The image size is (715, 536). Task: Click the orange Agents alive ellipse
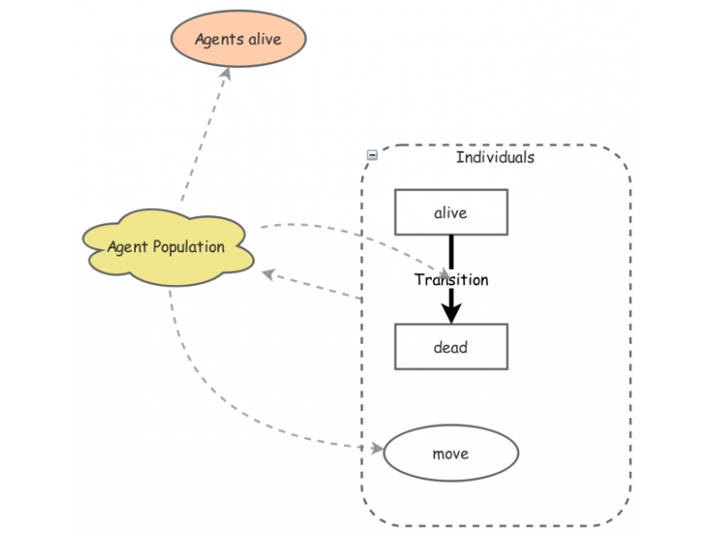point(238,38)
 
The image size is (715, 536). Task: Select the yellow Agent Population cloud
point(166,247)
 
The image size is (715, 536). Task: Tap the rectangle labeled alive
point(450,213)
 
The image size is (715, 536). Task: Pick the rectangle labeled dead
point(450,347)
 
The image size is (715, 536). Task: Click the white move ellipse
point(450,453)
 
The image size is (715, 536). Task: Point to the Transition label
point(451,280)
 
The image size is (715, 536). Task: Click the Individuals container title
point(495,157)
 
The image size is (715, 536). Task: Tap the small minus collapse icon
point(372,155)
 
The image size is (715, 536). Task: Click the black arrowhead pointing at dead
point(451,313)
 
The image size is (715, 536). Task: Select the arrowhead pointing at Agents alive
point(225,77)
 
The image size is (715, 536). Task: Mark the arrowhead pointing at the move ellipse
point(375,448)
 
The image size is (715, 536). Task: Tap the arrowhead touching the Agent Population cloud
point(266,273)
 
